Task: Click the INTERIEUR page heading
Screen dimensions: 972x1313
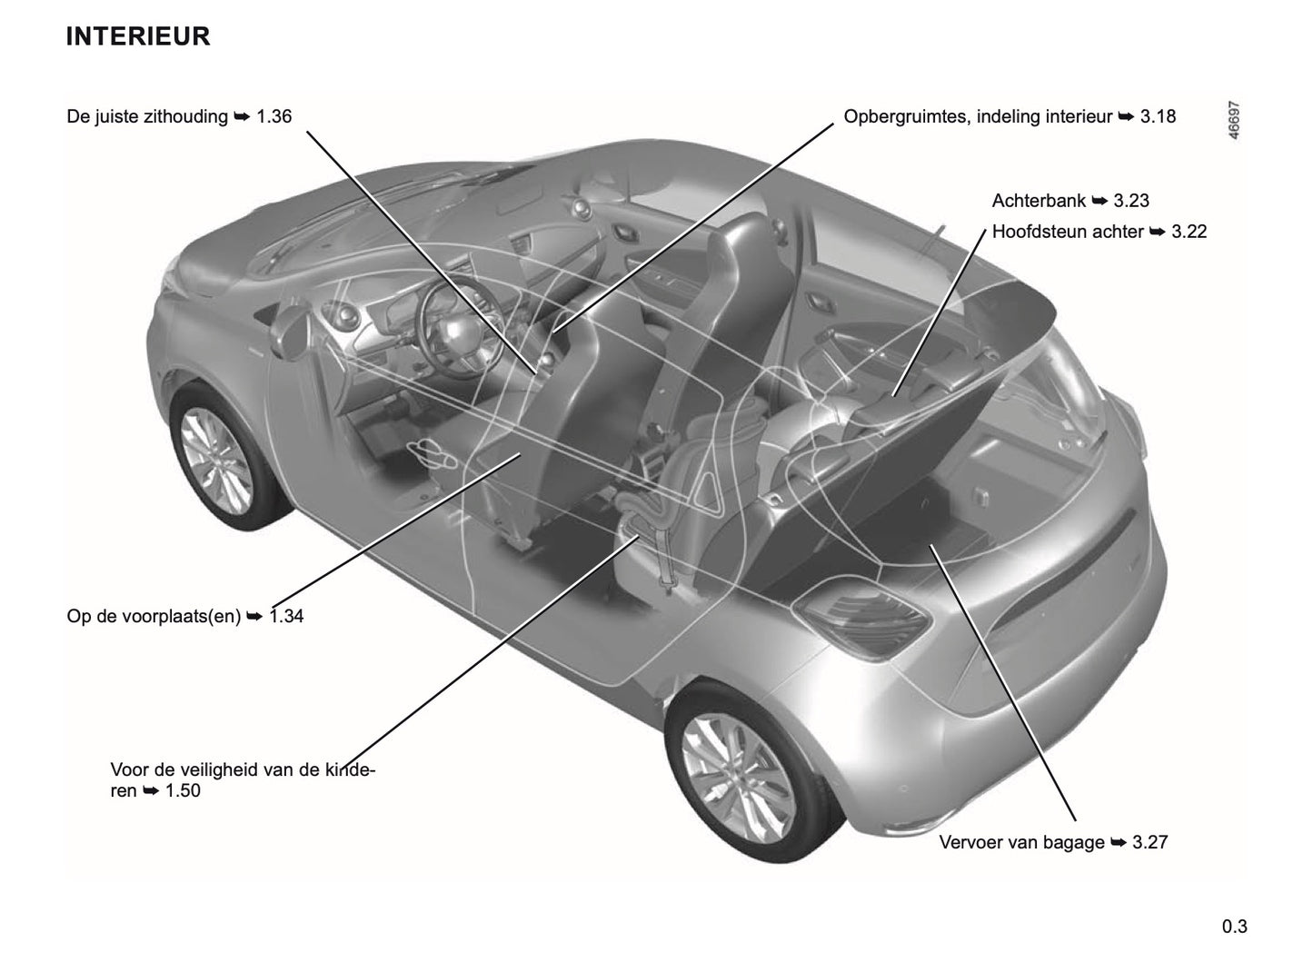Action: [x=138, y=36]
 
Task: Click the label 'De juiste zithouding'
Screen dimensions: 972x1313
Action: [x=147, y=116]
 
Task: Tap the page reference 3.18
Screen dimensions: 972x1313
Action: [x=1159, y=116]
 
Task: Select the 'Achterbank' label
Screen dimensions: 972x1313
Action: [x=1039, y=201]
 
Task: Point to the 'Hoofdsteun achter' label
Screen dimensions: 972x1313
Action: [x=1068, y=232]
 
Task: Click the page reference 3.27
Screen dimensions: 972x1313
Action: [x=1150, y=842]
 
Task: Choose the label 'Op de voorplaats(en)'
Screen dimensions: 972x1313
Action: [x=154, y=616]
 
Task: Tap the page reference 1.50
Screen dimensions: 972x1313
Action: [x=183, y=790]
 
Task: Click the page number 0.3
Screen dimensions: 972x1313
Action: [x=1234, y=927]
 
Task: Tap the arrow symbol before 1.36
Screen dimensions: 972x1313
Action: [x=243, y=116]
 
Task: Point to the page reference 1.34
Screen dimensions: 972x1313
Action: [x=287, y=616]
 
